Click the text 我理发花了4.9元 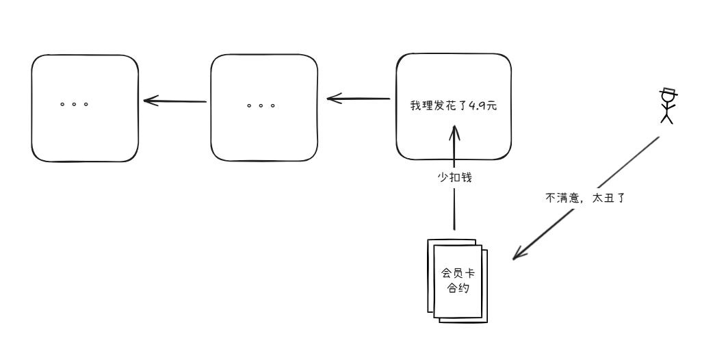(x=454, y=107)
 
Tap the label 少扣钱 (x=454, y=177)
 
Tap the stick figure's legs (x=667, y=118)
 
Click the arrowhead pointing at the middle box (x=333, y=99)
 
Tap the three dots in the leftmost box (x=74, y=105)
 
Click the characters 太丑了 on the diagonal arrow (x=610, y=198)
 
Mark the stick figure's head (x=667, y=100)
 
